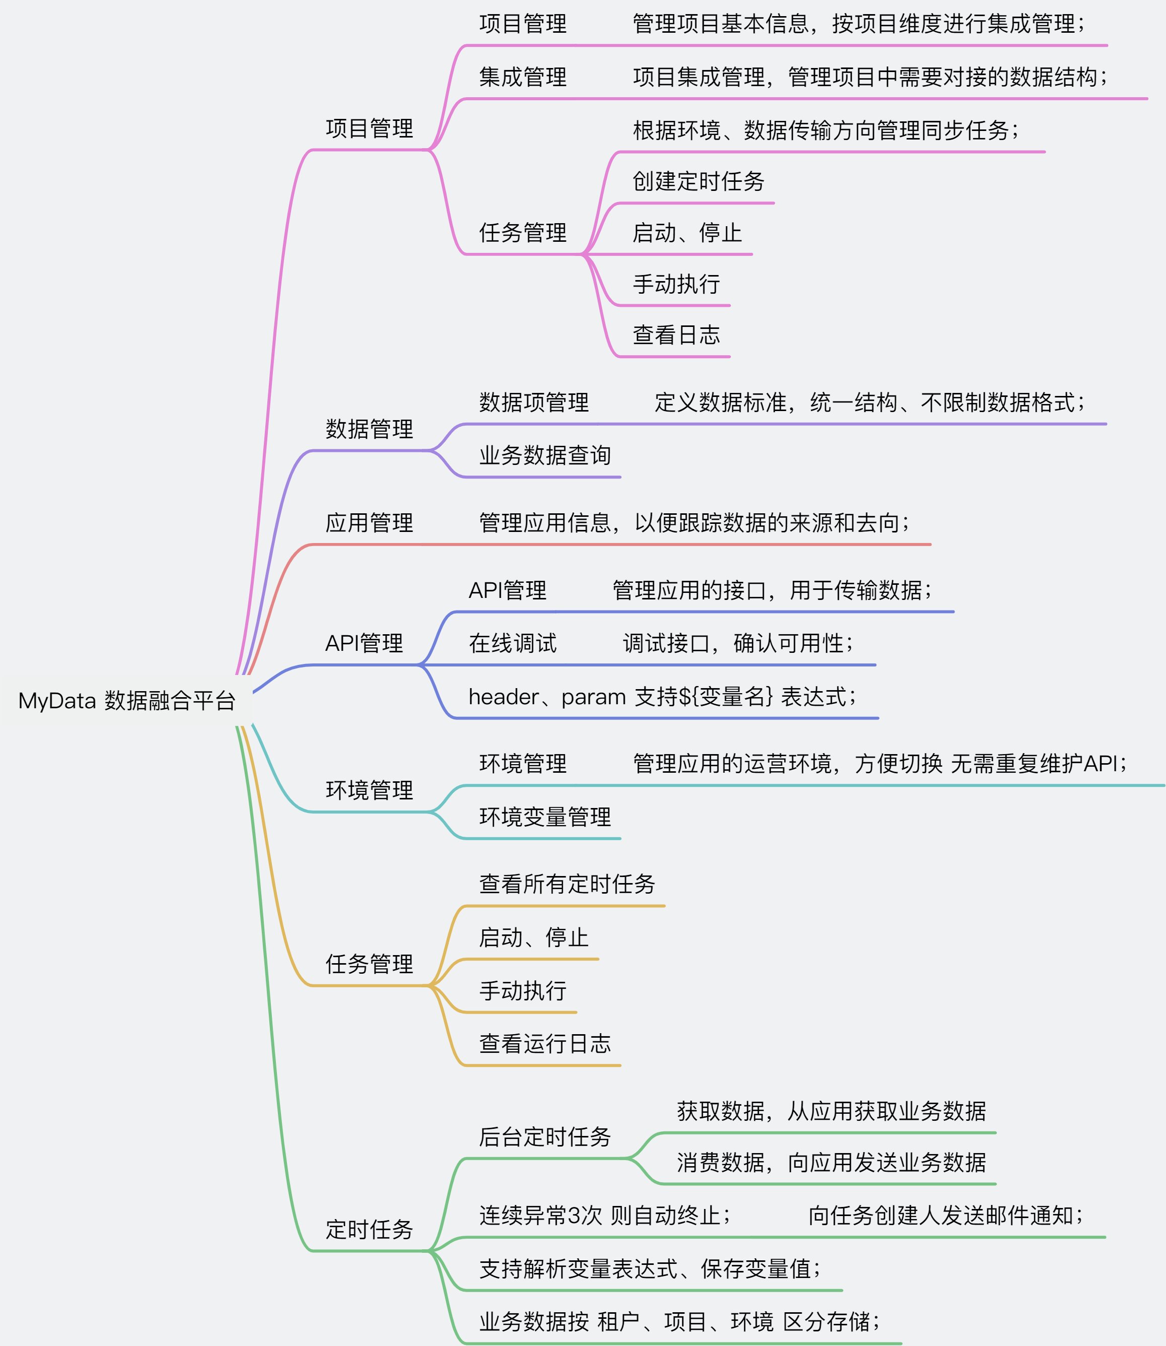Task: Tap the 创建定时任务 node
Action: point(698,181)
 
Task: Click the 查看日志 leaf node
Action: point(676,335)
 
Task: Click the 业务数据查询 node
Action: point(545,455)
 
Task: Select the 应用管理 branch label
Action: point(369,523)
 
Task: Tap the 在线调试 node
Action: point(512,644)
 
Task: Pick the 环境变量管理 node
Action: point(545,818)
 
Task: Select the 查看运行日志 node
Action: point(545,1044)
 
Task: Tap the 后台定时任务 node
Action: point(545,1137)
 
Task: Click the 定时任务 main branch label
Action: point(369,1230)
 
